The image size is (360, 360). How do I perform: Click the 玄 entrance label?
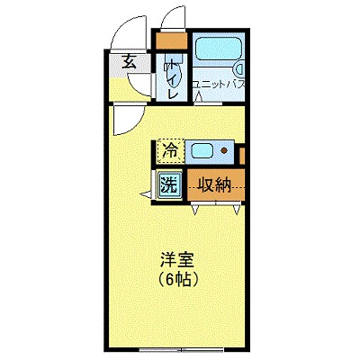pyautogui.click(x=129, y=63)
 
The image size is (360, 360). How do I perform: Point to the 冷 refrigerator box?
pyautogui.click(x=168, y=150)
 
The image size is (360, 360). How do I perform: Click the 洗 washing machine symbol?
pyautogui.click(x=168, y=186)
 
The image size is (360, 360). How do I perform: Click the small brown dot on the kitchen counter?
pyautogui.click(x=223, y=150)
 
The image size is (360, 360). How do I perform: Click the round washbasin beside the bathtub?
pyautogui.click(x=240, y=68)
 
